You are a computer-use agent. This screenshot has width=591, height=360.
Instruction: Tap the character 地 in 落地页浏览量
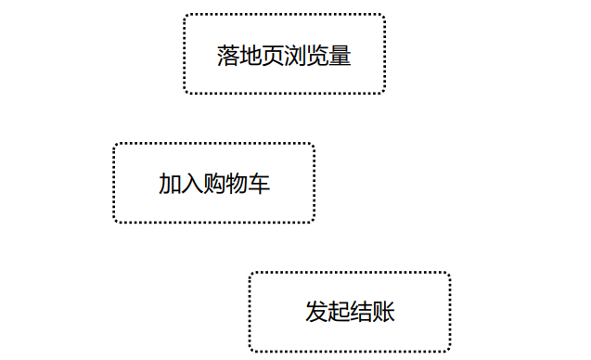(251, 56)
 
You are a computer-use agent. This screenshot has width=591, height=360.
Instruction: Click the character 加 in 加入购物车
(170, 184)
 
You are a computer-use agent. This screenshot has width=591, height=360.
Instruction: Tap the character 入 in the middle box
(192, 184)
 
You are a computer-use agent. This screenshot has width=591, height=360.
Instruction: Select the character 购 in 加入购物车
(214, 184)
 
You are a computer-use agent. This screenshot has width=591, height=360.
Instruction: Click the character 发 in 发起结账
(316, 312)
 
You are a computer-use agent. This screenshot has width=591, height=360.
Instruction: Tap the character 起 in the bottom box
(339, 312)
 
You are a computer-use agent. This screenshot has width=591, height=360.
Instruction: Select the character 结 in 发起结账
(361, 312)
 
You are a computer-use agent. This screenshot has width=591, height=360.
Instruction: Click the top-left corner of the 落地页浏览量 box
(185, 15)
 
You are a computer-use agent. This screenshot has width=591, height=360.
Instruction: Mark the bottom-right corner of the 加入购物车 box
(314, 222)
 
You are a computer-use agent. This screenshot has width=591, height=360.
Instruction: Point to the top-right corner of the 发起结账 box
(449, 274)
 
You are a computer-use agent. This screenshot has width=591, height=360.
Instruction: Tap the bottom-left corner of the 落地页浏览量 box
(185, 93)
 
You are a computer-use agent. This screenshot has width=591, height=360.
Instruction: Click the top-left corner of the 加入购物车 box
(115, 144)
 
